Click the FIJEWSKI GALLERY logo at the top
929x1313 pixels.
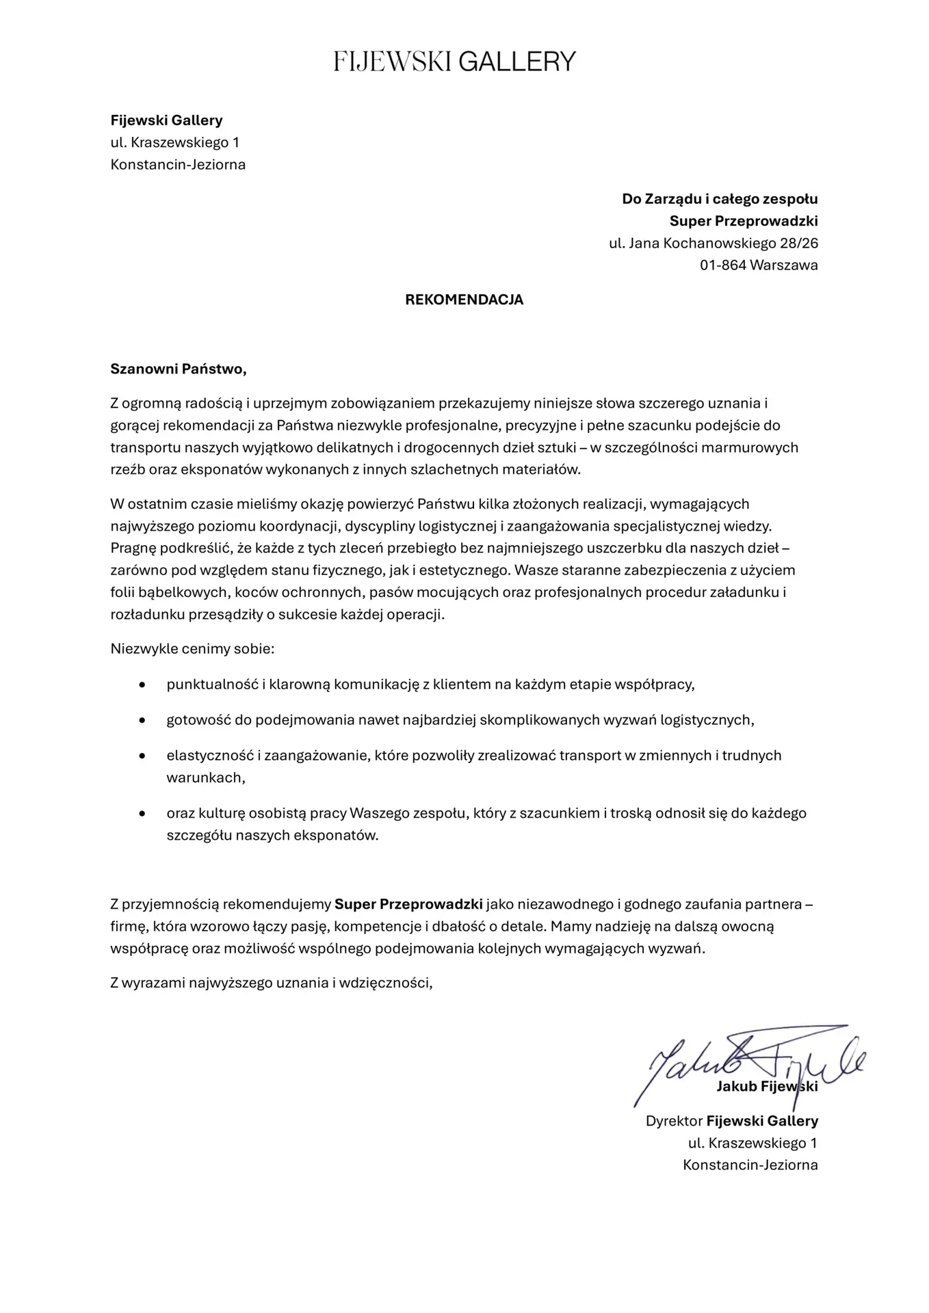click(455, 62)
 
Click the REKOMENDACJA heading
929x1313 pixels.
click(464, 300)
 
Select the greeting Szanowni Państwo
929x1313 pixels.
click(178, 369)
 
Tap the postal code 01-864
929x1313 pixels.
click(722, 265)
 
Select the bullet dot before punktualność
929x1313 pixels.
click(142, 685)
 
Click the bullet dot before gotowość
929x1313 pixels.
click(142, 720)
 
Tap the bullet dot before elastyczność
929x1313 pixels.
click(142, 756)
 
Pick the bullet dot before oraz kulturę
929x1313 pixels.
click(142, 814)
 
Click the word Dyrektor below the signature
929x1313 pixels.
click(674, 1121)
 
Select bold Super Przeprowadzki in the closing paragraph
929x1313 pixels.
click(408, 904)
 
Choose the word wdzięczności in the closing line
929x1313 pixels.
click(393, 983)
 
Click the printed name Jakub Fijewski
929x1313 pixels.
click(766, 1087)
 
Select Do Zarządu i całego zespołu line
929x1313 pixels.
click(719, 199)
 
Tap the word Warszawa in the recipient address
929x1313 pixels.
click(784, 265)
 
